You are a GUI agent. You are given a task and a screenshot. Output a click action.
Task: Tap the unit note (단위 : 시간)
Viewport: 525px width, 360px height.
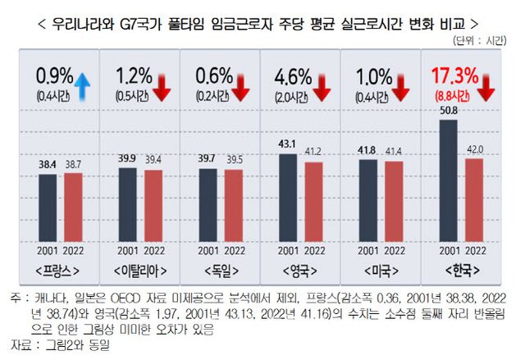tap(481, 40)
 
